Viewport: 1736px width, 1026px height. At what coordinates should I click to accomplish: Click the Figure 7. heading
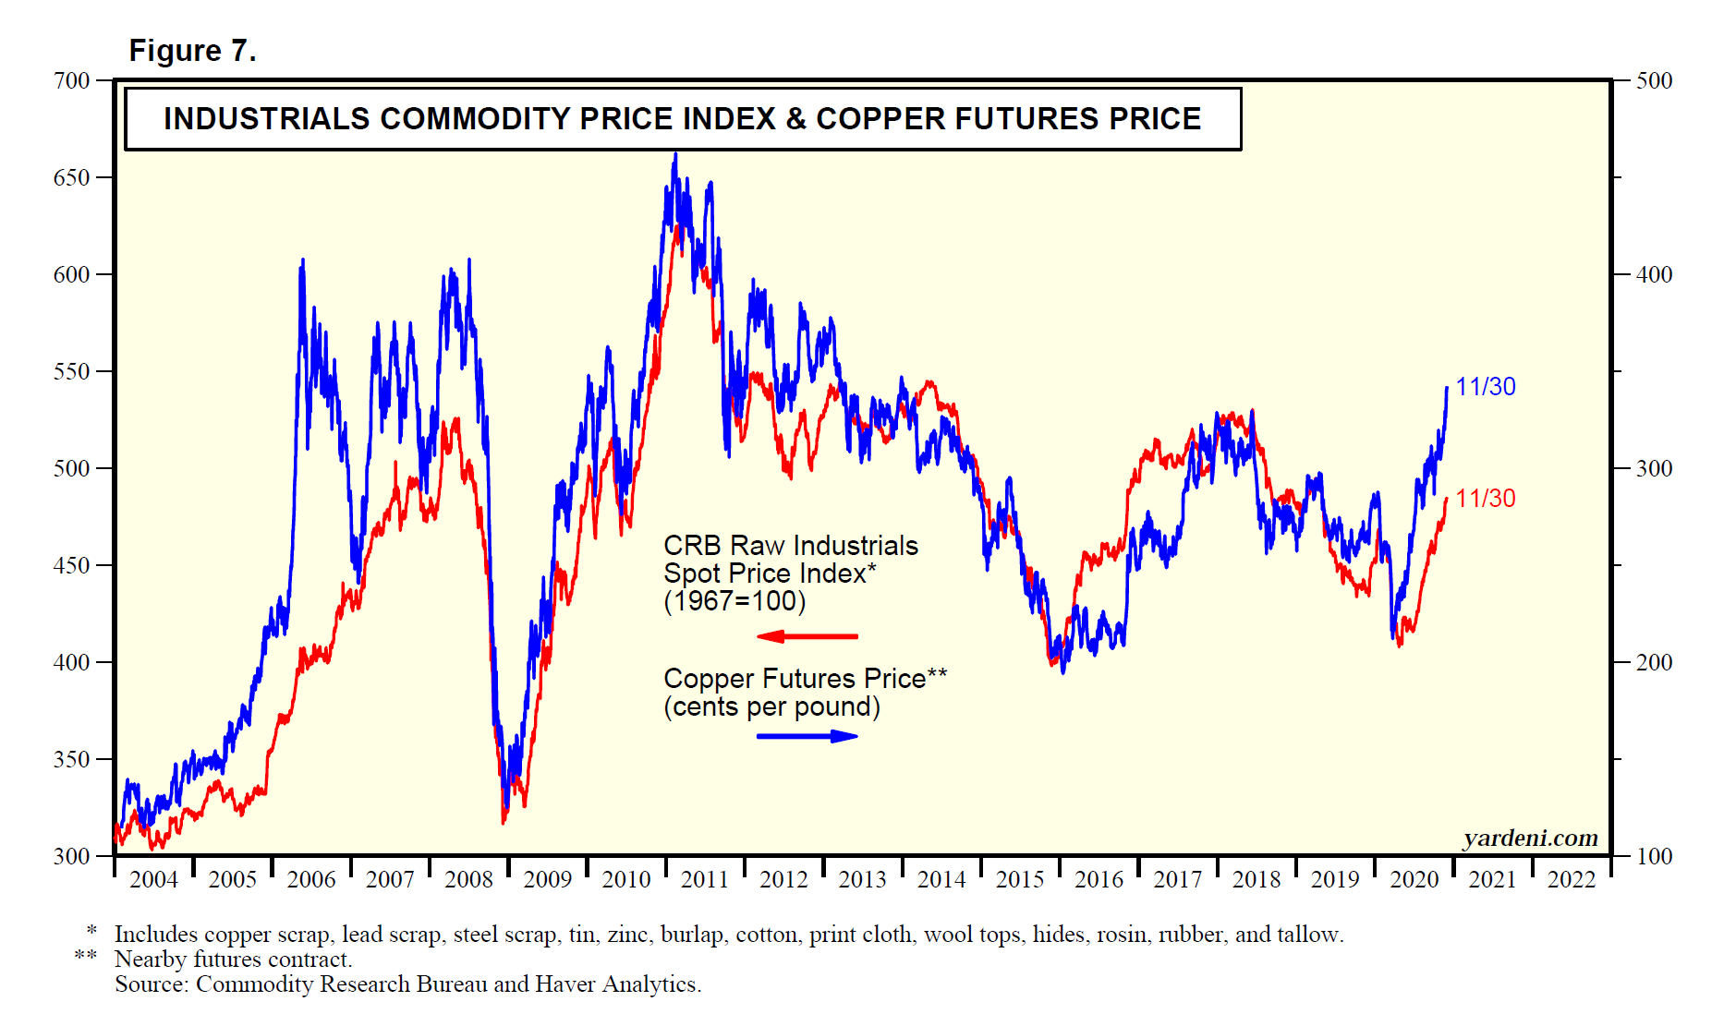pyautogui.click(x=192, y=51)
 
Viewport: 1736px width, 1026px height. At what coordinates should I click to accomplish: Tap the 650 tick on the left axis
pyautogui.click(x=72, y=177)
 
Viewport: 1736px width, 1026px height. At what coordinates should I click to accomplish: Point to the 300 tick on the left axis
pyautogui.click(x=72, y=856)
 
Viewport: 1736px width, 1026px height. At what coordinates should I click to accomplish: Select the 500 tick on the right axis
pyautogui.click(x=1654, y=80)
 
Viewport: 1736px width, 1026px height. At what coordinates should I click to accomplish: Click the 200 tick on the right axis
pyautogui.click(x=1654, y=662)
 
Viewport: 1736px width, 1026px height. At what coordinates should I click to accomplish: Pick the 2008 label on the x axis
pyautogui.click(x=468, y=879)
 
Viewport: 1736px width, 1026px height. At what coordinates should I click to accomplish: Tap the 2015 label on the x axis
pyautogui.click(x=1020, y=879)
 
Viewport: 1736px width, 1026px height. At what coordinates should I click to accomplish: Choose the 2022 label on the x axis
pyautogui.click(x=1572, y=879)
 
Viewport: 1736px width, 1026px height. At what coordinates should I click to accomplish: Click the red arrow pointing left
pyautogui.click(x=807, y=636)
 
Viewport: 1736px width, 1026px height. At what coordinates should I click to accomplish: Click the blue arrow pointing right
pyautogui.click(x=807, y=736)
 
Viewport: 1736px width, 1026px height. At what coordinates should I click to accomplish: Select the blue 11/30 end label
pyautogui.click(x=1486, y=387)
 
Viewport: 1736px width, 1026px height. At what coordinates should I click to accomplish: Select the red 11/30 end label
pyautogui.click(x=1486, y=499)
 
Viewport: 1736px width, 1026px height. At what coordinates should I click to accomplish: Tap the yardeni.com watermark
pyautogui.click(x=1530, y=838)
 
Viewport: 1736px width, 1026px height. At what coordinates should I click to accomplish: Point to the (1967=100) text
pyautogui.click(x=734, y=601)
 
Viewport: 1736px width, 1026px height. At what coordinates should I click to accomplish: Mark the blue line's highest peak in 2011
pyautogui.click(x=675, y=154)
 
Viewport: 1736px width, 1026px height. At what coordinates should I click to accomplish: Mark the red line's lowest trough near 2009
pyautogui.click(x=504, y=823)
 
